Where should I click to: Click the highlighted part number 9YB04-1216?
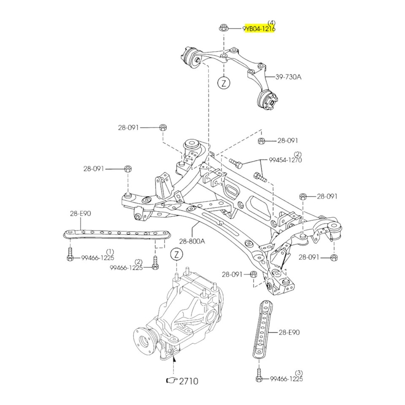pyautogui.click(x=259, y=29)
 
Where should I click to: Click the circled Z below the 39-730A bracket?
pyautogui.click(x=224, y=83)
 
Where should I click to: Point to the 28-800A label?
pyautogui.click(x=192, y=241)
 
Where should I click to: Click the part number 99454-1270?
pyautogui.click(x=285, y=160)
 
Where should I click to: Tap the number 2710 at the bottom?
pyautogui.click(x=189, y=381)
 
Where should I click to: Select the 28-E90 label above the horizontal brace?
pyautogui.click(x=80, y=214)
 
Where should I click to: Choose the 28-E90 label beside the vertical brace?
pyautogui.click(x=289, y=332)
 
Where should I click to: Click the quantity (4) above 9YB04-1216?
pyautogui.click(x=271, y=22)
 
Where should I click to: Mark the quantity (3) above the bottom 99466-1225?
pyautogui.click(x=299, y=373)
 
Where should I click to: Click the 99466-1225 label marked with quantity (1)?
pyautogui.click(x=98, y=258)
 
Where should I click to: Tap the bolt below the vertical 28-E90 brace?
pyautogui.click(x=259, y=375)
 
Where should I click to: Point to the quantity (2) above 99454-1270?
pyautogui.click(x=298, y=154)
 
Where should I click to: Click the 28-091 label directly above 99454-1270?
pyautogui.click(x=287, y=140)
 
